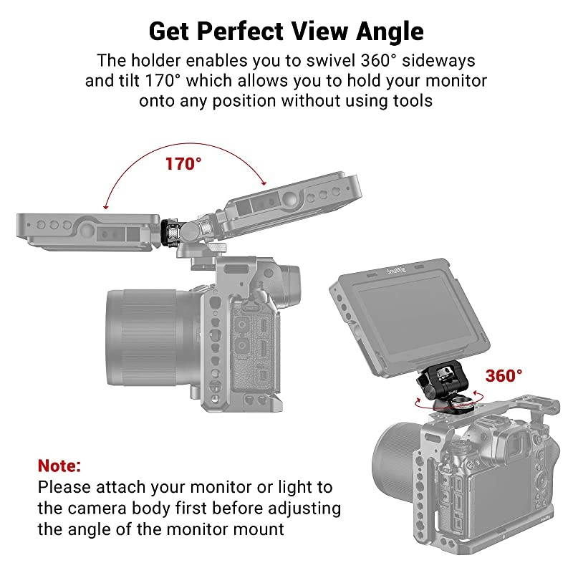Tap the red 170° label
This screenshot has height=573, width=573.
click(184, 164)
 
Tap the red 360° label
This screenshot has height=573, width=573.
click(504, 375)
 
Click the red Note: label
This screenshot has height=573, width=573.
click(59, 465)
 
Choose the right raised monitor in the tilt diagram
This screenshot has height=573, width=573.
click(283, 208)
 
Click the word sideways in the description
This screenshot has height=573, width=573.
click(439, 59)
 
